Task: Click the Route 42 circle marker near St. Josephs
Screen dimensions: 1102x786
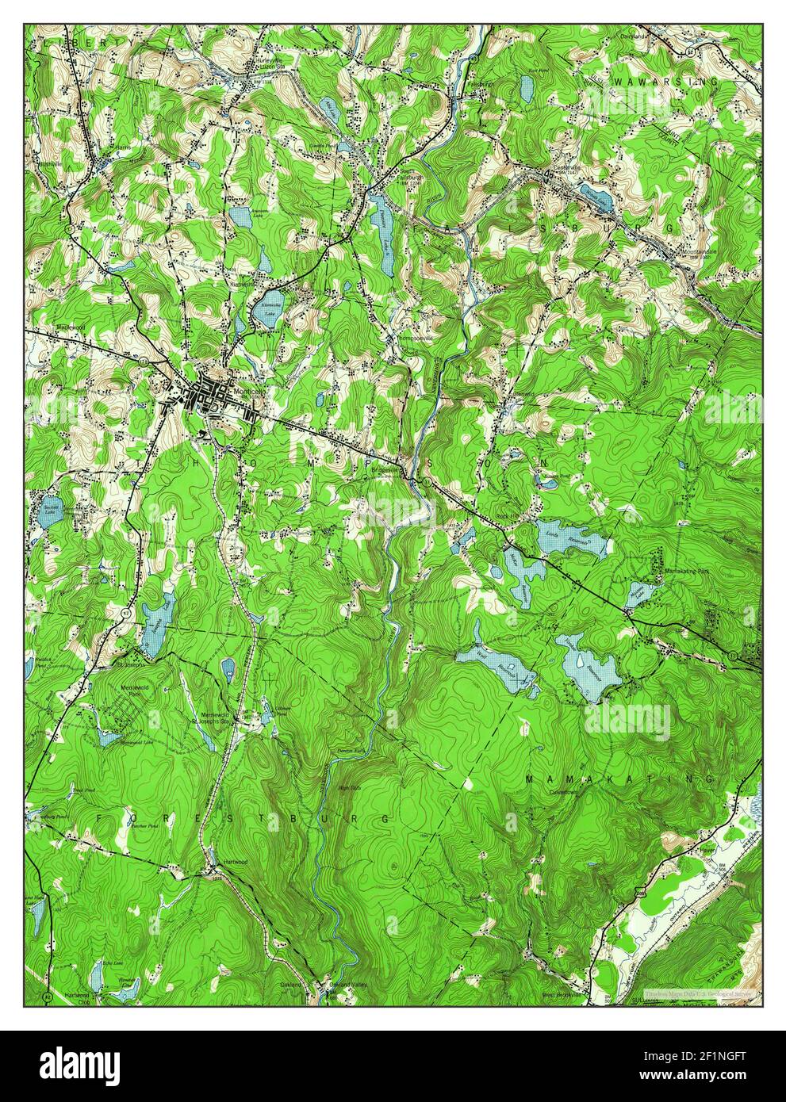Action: [x=125, y=614]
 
